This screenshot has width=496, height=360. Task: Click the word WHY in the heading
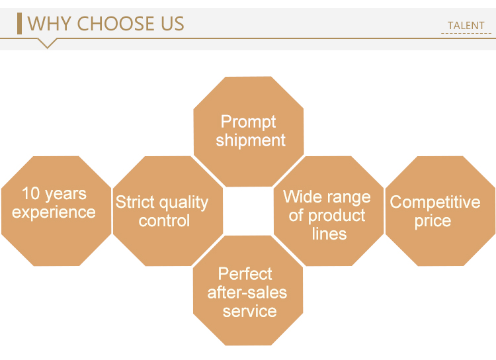pyautogui.click(x=49, y=23)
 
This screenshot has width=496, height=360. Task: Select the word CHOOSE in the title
pyautogui.click(x=116, y=23)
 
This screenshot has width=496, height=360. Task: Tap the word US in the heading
pyautogui.click(x=173, y=23)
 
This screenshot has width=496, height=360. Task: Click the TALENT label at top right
pyautogui.click(x=466, y=25)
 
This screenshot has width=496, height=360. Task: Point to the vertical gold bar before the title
pyautogui.click(x=20, y=23)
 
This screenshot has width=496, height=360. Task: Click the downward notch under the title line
pyautogui.click(x=47, y=43)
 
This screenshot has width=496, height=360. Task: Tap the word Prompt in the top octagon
pyautogui.click(x=248, y=122)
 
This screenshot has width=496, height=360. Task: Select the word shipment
pyautogui.click(x=251, y=140)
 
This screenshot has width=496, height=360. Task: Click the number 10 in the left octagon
pyautogui.click(x=30, y=193)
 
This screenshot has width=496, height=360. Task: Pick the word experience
pyautogui.click(x=54, y=213)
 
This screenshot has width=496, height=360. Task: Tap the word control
pyautogui.click(x=164, y=220)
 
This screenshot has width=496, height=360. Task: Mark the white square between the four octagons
pyautogui.click(x=248, y=211)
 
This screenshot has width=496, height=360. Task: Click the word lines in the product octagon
pyautogui.click(x=329, y=234)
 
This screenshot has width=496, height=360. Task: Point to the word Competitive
pyautogui.click(x=435, y=202)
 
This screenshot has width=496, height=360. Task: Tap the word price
pyautogui.click(x=433, y=221)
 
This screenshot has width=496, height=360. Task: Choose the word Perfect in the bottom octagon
pyautogui.click(x=245, y=274)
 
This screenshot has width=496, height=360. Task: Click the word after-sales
pyautogui.click(x=247, y=292)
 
